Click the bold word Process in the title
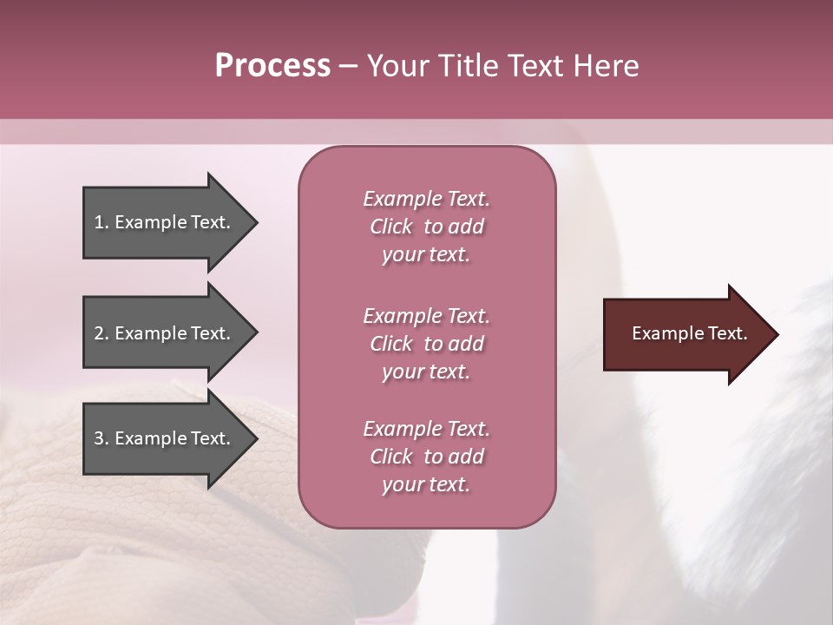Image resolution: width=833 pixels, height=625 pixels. [272, 66]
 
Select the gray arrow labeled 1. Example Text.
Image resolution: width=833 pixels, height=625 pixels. [165, 222]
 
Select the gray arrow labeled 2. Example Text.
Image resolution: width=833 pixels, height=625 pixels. [165, 333]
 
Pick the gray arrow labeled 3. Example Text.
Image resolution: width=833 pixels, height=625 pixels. [165, 438]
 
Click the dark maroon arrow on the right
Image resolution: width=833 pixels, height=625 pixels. [685, 334]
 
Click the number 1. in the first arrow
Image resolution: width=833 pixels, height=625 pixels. [102, 222]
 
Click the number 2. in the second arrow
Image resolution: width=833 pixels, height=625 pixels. [102, 333]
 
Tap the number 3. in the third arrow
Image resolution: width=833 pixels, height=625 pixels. [102, 438]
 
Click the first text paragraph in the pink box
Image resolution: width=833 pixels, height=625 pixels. [426, 227]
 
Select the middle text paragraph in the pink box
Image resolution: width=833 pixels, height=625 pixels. [426, 344]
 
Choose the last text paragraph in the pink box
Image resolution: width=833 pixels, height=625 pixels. [426, 457]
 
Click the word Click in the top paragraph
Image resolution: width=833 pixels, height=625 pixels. [391, 227]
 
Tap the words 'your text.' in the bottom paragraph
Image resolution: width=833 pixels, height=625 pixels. [426, 485]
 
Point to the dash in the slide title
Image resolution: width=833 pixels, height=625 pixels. [349, 66]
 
